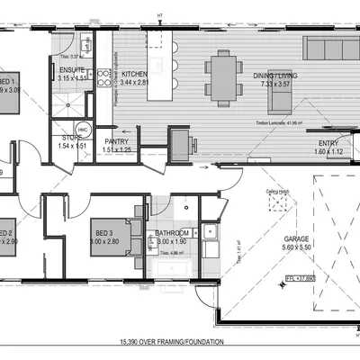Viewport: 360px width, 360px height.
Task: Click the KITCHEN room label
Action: (x=134, y=74)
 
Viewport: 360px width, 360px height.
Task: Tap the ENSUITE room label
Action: (x=72, y=69)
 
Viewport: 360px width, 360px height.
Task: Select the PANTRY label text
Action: (x=117, y=141)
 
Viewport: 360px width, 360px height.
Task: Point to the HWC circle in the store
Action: (x=81, y=128)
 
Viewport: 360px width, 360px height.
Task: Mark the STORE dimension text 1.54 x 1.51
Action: (x=71, y=145)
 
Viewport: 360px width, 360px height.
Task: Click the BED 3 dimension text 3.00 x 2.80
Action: (x=103, y=242)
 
